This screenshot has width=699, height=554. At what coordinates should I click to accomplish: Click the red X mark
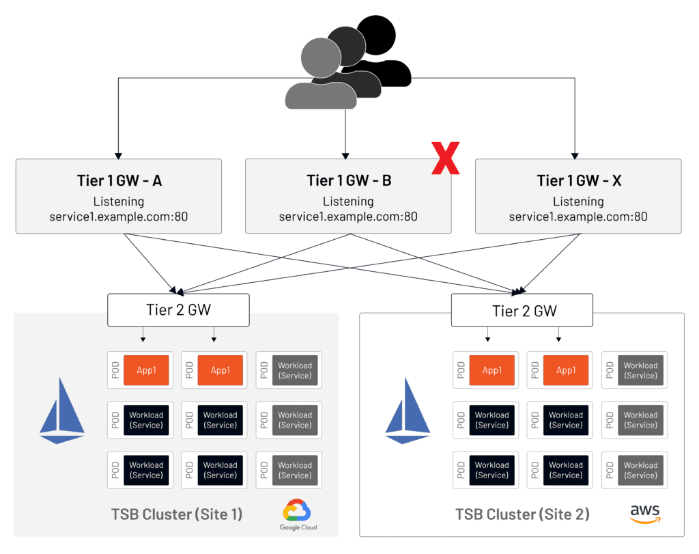[x=445, y=158]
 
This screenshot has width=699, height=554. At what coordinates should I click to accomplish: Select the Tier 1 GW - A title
[x=119, y=180]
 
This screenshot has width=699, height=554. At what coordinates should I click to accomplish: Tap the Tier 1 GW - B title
[x=348, y=180]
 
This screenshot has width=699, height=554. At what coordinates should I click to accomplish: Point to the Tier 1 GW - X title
[x=578, y=180]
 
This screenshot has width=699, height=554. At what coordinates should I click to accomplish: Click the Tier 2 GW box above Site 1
[x=178, y=309]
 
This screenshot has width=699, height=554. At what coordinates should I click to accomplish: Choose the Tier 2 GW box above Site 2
[x=524, y=311]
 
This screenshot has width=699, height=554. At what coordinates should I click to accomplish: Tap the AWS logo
[x=644, y=513]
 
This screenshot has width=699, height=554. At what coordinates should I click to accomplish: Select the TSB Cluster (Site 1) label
[x=176, y=514]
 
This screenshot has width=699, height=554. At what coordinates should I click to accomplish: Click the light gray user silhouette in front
[x=319, y=75]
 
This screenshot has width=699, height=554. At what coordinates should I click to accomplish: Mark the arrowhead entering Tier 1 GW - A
[x=119, y=154]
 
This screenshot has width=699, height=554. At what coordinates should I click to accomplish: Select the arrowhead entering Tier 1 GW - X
[x=575, y=154]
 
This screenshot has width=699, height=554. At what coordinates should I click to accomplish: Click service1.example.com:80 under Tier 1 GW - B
[x=348, y=217]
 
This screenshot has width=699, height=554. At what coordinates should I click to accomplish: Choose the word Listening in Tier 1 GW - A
[x=119, y=202]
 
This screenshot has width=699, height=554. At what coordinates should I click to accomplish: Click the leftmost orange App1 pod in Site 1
[x=146, y=370]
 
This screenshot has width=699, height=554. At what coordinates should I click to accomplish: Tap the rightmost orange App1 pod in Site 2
[x=565, y=370]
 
